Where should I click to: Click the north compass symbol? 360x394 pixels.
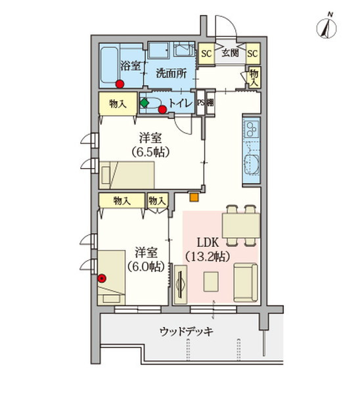click(326, 28)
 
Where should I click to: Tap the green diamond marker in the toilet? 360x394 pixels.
click(145, 103)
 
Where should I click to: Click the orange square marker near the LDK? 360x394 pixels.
click(194, 197)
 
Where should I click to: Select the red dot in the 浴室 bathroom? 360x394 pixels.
click(120, 84)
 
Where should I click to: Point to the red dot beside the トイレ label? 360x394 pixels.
click(163, 109)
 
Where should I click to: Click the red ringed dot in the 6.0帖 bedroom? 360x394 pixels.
click(102, 278)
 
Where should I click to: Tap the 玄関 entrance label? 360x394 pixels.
click(231, 53)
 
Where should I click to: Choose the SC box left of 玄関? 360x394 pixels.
click(206, 54)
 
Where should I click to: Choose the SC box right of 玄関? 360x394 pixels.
click(253, 54)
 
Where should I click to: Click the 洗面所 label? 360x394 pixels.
click(171, 73)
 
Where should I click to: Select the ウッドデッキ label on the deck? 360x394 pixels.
click(187, 332)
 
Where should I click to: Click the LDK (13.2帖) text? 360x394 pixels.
click(208, 250)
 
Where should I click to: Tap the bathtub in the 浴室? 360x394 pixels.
click(109, 65)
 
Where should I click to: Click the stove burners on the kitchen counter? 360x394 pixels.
click(252, 129)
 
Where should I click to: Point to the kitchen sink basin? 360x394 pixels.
click(252, 164)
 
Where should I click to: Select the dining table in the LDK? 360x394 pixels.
click(241, 225)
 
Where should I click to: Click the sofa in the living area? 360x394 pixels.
click(246, 282)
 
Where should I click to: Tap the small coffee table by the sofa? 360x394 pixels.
click(211, 282)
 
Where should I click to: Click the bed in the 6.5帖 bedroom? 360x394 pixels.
click(127, 175)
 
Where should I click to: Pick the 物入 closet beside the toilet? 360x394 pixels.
click(118, 104)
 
